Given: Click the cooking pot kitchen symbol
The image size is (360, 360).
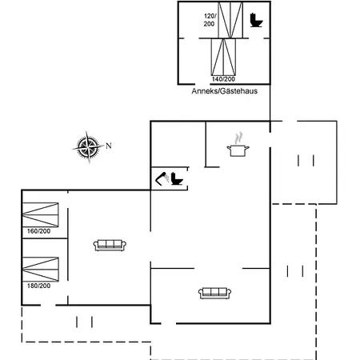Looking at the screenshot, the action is (238, 145).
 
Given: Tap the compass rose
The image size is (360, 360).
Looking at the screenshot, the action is (88, 147).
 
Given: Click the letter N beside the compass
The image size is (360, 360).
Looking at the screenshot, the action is (109, 146).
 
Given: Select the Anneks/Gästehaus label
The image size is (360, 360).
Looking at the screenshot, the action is (225, 91).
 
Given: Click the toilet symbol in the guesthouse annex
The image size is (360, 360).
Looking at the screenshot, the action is (256, 20).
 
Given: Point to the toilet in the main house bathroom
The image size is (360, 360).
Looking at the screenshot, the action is (177, 178).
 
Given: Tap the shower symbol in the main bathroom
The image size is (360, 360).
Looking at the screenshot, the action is (162, 178).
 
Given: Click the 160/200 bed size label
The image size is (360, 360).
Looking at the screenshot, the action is (38, 231).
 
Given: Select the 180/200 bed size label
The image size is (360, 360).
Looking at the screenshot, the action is (38, 286).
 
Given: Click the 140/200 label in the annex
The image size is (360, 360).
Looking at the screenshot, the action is (223, 79).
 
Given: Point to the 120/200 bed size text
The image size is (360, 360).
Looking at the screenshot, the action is (210, 20).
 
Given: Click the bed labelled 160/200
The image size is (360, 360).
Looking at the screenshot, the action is (40, 214).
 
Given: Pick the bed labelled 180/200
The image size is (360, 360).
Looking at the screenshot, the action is (40, 270).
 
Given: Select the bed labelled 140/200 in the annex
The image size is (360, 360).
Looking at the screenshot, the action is (223, 57).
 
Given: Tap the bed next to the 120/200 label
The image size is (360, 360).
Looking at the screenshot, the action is (230, 20).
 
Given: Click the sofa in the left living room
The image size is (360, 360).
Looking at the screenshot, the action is (110, 246).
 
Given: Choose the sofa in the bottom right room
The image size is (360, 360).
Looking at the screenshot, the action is (214, 294).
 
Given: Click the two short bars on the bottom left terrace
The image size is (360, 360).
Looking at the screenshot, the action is (84, 322).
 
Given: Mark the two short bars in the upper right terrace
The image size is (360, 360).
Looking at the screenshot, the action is (306, 161).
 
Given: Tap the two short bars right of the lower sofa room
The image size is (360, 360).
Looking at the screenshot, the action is (295, 271).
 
